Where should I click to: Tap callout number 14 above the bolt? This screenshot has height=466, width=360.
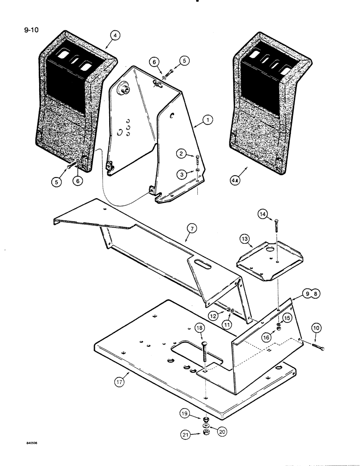point(264,215)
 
